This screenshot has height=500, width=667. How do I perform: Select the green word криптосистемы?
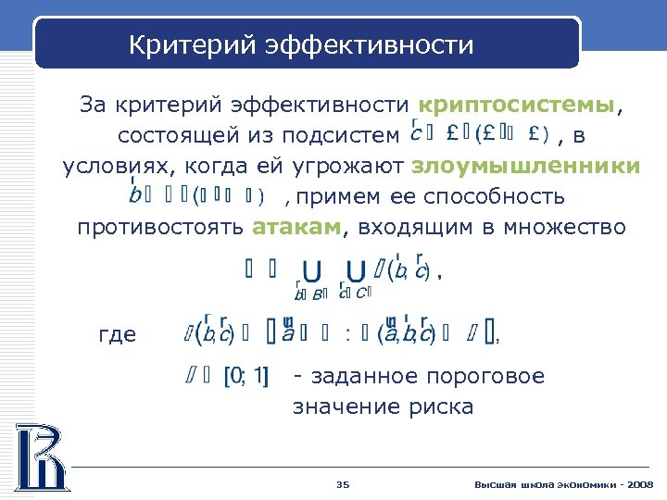(517, 104)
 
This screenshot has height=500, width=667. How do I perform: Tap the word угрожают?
(348, 166)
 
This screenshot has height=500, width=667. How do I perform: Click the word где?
(117, 335)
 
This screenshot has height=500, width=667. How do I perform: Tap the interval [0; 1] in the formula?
(246, 377)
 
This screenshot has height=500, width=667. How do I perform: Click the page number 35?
(342, 484)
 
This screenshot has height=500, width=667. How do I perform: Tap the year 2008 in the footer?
(639, 484)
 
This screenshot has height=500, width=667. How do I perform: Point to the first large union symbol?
(313, 271)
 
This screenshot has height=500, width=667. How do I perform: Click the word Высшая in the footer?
(491, 484)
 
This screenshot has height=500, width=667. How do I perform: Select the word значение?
(348, 406)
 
